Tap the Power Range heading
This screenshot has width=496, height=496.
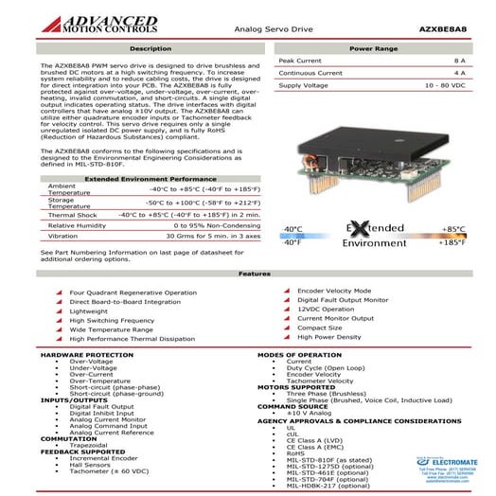pyautogui.click(x=372, y=47)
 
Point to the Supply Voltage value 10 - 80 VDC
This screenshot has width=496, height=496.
pyautogui.click(x=445, y=85)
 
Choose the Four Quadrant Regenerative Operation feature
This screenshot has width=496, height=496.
pyautogui.click(x=126, y=293)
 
